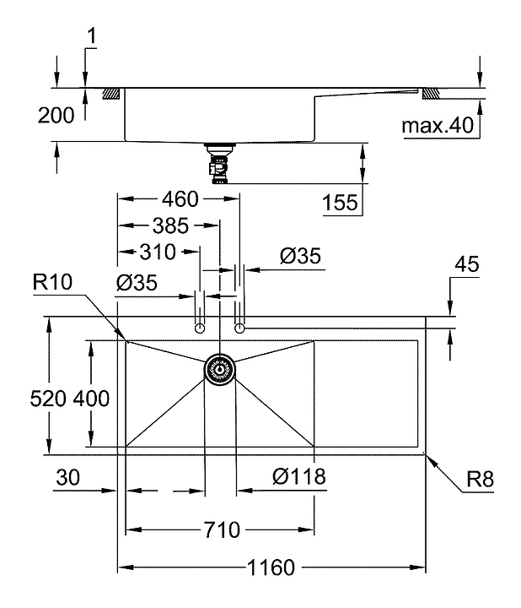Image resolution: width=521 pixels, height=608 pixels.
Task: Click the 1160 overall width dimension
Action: pos(272,567)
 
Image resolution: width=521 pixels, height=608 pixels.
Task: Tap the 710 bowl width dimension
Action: pos(220,530)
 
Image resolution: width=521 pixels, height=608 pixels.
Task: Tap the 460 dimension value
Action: pos(180,199)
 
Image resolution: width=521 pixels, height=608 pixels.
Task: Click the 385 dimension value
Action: pos(170,225)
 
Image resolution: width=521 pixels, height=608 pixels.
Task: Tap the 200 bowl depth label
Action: pos(56,116)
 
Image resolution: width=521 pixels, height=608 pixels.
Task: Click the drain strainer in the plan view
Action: pos(220,368)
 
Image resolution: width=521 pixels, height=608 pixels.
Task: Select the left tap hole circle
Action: pos(200,328)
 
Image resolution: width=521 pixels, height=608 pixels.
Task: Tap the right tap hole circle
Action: pos(239,328)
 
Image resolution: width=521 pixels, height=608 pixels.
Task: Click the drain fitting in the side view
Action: pos(220,162)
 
